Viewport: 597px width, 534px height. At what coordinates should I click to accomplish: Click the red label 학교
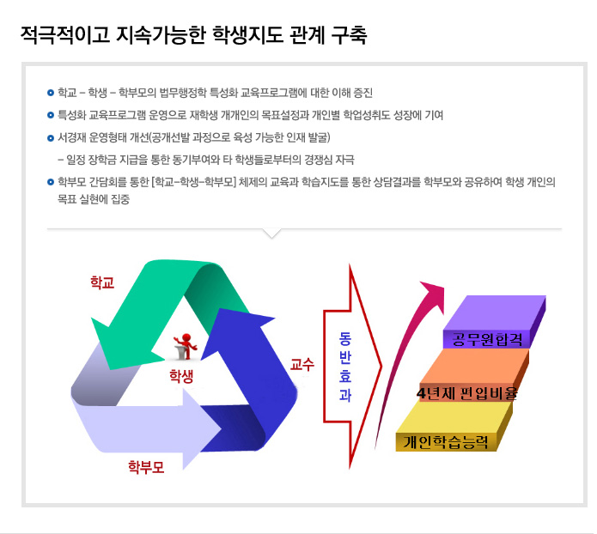pyautogui.click(x=102, y=282)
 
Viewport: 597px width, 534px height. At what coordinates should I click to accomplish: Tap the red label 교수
pyautogui.click(x=302, y=364)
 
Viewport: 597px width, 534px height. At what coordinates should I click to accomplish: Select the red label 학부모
pyautogui.click(x=146, y=467)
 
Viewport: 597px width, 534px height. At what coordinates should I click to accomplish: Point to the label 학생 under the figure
pyautogui.click(x=181, y=376)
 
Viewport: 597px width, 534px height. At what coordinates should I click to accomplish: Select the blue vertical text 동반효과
pyautogui.click(x=345, y=367)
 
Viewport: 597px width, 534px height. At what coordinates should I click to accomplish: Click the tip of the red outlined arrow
pyautogui.click(x=381, y=367)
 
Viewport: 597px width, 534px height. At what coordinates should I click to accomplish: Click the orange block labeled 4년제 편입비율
pyautogui.click(x=474, y=375)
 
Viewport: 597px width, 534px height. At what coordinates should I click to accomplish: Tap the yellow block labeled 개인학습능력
pyautogui.click(x=454, y=427)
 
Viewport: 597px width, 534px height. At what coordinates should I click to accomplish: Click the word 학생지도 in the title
pyautogui.click(x=247, y=35)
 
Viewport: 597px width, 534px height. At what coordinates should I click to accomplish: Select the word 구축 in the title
pyautogui.click(x=349, y=35)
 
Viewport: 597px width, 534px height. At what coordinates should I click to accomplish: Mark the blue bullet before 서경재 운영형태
pyautogui.click(x=51, y=137)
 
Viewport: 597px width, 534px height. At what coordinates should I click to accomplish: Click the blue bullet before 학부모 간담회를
pyautogui.click(x=51, y=182)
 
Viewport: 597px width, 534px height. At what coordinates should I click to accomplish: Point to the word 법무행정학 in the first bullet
pyautogui.click(x=183, y=93)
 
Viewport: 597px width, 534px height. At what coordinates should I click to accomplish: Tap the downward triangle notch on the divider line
pyautogui.click(x=271, y=233)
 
